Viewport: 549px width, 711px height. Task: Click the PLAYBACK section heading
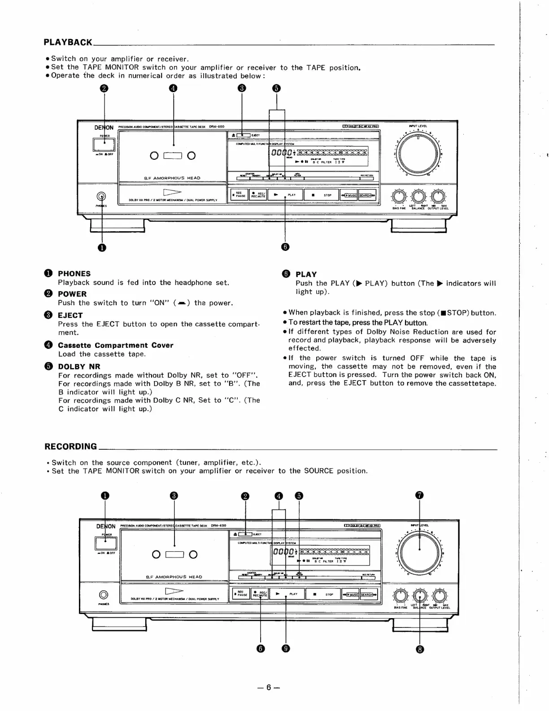68,42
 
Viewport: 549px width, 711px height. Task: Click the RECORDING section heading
70,446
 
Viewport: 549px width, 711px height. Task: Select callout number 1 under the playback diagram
102,247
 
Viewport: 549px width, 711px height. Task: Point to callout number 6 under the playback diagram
286,246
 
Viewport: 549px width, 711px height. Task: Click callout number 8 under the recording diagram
420,649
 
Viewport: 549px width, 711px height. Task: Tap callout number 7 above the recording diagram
419,496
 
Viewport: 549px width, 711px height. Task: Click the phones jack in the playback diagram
102,196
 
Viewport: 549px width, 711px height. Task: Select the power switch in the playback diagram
104,144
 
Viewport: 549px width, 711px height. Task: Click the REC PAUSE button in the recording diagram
240,594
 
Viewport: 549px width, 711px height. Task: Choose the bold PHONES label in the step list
74,273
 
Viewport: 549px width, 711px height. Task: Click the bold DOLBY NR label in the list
79,366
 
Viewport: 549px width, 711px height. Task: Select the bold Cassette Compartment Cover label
115,345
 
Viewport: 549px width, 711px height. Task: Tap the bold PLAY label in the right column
306,274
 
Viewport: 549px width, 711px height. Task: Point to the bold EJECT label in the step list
70,315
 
